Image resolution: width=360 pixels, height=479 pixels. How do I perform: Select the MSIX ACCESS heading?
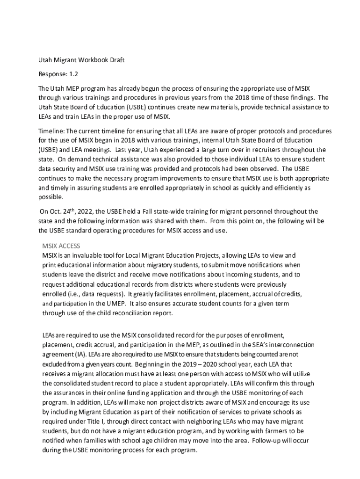pyautogui.click(x=61, y=246)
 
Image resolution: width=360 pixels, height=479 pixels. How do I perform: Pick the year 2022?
pyautogui.click(x=84, y=211)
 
